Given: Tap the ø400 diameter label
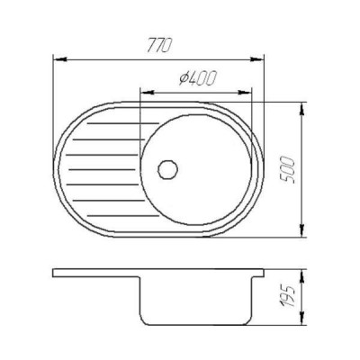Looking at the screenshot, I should [x=197, y=79].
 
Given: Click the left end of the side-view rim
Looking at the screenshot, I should [x=54, y=273].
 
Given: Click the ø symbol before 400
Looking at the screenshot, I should [x=183, y=79].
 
